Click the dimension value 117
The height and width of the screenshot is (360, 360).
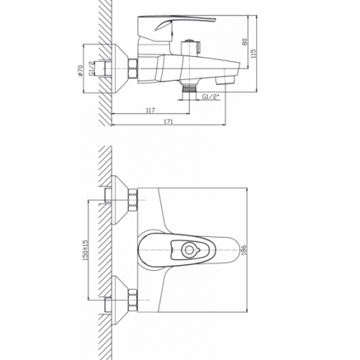[150, 110]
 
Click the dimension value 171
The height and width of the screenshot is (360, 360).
[168, 122]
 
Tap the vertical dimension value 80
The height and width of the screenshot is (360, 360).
[245, 42]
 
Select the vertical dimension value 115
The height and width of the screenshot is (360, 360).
[253, 53]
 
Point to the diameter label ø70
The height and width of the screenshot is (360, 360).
[80, 71]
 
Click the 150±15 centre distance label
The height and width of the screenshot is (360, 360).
[86, 251]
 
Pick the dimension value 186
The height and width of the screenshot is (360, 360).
[243, 250]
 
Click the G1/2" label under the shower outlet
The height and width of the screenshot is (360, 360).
[211, 96]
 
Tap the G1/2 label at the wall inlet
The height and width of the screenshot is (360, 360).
[91, 68]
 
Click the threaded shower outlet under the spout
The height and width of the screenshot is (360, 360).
[189, 89]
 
